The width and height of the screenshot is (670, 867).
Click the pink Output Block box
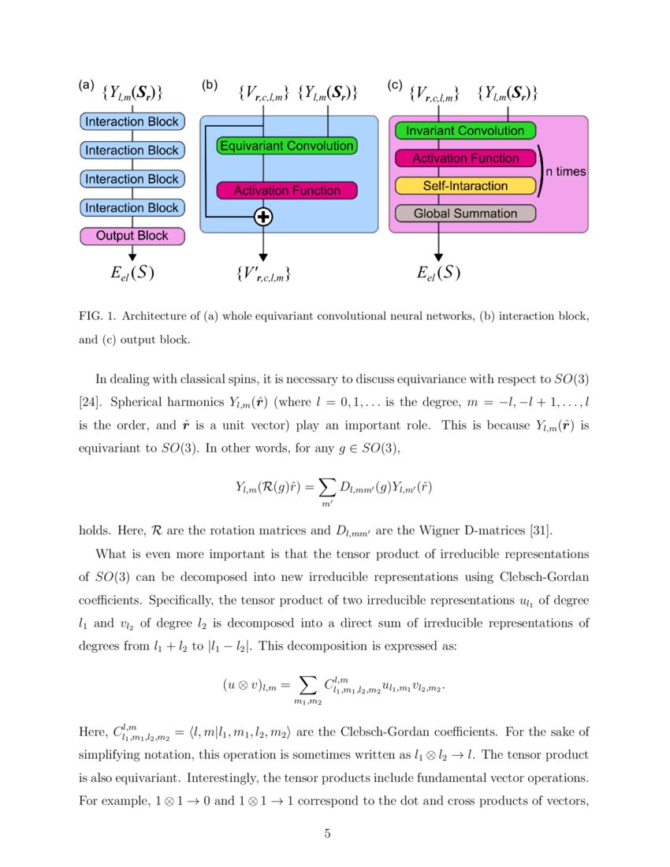(132, 236)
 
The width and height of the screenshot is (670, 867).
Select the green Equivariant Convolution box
(286, 146)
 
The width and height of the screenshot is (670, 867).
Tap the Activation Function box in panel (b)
(286, 191)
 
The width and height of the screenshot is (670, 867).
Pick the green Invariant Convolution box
(465, 131)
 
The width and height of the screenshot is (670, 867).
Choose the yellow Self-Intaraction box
(465, 186)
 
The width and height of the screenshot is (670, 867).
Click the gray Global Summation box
(465, 214)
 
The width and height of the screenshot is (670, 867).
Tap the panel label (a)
(87, 85)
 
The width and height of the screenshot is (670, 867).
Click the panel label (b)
(210, 85)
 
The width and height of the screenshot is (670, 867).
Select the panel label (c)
(396, 85)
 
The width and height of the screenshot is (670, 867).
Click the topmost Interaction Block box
(132, 121)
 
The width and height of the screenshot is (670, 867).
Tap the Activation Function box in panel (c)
(465, 158)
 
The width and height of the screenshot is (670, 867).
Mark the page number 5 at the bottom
(327, 834)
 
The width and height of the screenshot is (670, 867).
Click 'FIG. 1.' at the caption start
(99, 316)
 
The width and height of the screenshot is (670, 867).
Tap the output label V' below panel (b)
(263, 275)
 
